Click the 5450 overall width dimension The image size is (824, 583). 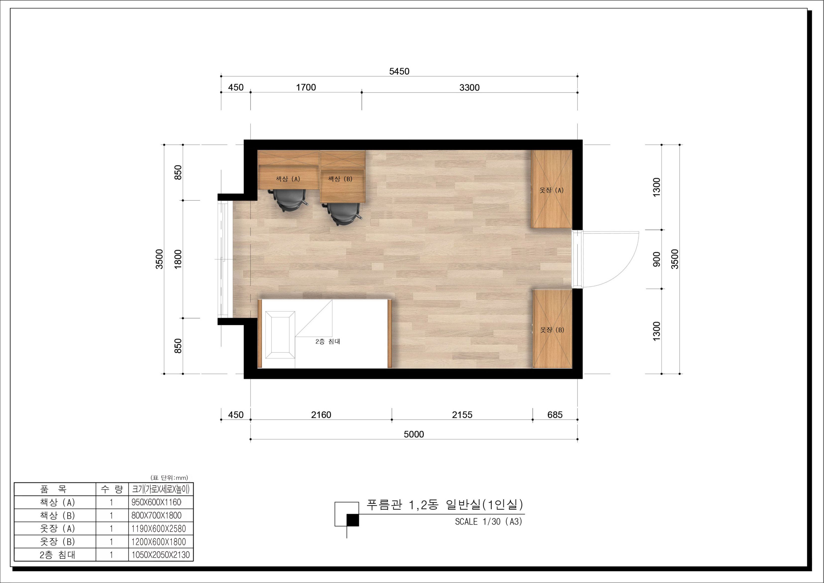(399, 71)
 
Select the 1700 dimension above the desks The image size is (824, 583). (306, 87)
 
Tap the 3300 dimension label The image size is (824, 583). (469, 87)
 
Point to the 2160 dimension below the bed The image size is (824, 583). (321, 415)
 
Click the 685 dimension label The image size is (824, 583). (554, 415)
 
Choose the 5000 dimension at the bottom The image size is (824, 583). (414, 434)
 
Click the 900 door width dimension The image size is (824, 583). (657, 259)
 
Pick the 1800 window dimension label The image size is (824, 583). (178, 259)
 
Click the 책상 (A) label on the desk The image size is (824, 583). (288, 179)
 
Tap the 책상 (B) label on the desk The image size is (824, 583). (340, 179)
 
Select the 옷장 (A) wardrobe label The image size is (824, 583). (551, 190)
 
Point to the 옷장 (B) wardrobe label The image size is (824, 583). (552, 329)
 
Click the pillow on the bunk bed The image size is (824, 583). (280, 335)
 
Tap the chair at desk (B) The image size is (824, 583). (343, 214)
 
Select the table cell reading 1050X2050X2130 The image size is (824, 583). (161, 555)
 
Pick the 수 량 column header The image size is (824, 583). (112, 489)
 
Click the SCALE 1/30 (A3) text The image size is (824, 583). (489, 521)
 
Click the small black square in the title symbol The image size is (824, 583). (352, 520)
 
